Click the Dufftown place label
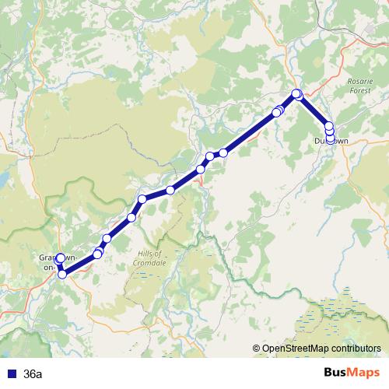331,141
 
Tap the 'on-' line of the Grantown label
50,267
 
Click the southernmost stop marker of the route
62,273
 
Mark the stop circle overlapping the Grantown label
61,258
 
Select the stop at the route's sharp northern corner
296,94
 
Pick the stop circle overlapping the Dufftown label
330,139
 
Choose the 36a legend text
33,374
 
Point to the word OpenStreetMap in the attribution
294,349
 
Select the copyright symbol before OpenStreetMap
257,349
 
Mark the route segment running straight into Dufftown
313,110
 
